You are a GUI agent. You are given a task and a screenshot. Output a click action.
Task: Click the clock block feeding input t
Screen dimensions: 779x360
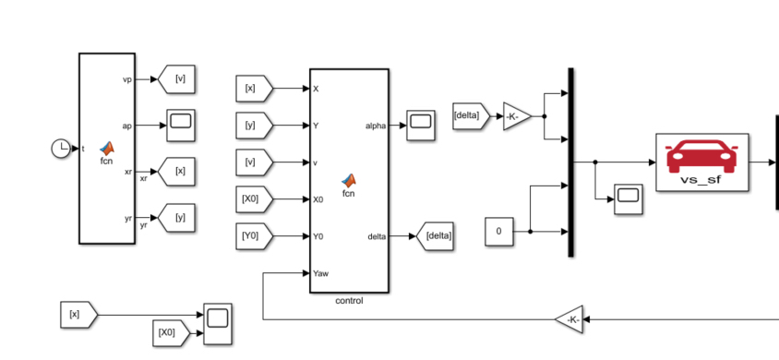pyautogui.click(x=61, y=149)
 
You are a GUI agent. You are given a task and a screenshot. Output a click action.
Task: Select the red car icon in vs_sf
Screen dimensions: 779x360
pyautogui.click(x=701, y=156)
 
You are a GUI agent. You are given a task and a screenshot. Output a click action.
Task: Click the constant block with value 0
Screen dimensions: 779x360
pyautogui.click(x=499, y=232)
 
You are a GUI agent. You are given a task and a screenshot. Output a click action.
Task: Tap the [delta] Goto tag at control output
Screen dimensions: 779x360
pyautogui.click(x=435, y=236)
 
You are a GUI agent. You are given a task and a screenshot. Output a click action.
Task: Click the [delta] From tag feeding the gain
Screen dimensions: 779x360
pyautogui.click(x=471, y=116)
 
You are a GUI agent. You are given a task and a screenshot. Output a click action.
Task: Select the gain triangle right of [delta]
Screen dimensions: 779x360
pyautogui.click(x=517, y=116)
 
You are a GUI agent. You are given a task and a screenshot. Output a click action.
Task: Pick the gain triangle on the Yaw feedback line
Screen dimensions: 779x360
pyautogui.click(x=569, y=319)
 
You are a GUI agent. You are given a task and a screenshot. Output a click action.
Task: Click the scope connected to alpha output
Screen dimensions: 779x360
pyautogui.click(x=421, y=126)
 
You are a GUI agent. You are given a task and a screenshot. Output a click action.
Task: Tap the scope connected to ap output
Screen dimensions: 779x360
pyautogui.click(x=181, y=126)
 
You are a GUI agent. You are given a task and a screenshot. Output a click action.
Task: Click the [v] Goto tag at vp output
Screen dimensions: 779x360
pyautogui.click(x=176, y=79)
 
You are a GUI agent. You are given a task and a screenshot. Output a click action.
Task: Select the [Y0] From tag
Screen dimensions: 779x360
pyautogui.click(x=255, y=236)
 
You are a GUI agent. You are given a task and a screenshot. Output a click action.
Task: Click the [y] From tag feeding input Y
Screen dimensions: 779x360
pyautogui.click(x=255, y=126)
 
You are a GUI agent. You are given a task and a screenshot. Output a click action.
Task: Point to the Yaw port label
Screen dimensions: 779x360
pyautogui.click(x=320, y=273)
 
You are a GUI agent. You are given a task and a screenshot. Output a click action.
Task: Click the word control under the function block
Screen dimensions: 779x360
pyautogui.click(x=349, y=300)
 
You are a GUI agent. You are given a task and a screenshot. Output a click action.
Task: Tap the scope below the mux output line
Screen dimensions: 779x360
pyautogui.click(x=629, y=199)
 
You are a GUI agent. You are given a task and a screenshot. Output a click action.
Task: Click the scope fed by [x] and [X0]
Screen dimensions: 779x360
pyautogui.click(x=218, y=324)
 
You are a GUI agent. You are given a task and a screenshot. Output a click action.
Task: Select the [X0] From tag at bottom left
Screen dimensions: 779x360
pyautogui.click(x=172, y=333)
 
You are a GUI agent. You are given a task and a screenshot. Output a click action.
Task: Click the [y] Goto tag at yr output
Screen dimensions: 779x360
pyautogui.click(x=176, y=218)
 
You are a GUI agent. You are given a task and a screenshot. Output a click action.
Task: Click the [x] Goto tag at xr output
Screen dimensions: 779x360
pyautogui.click(x=176, y=172)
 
